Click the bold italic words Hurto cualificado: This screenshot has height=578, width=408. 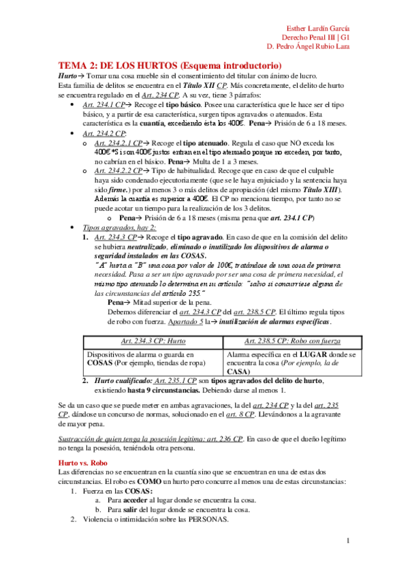pos(124,382)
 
